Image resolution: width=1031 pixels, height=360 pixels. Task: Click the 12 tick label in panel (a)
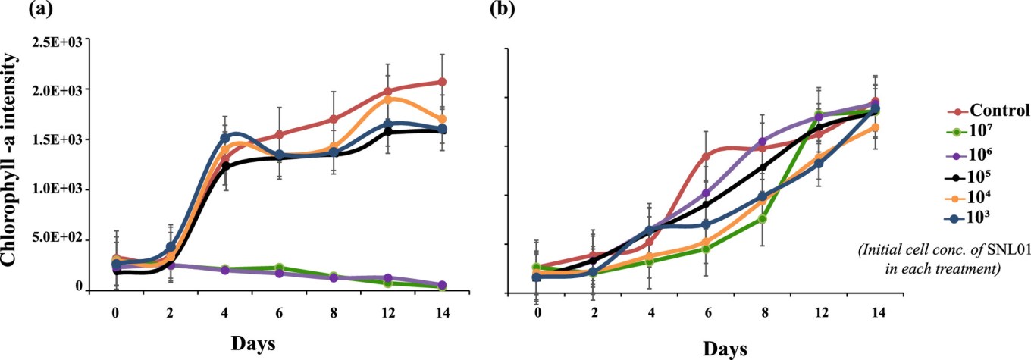(x=388, y=311)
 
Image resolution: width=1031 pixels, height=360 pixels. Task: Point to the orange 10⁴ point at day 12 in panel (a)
(x=388, y=99)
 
